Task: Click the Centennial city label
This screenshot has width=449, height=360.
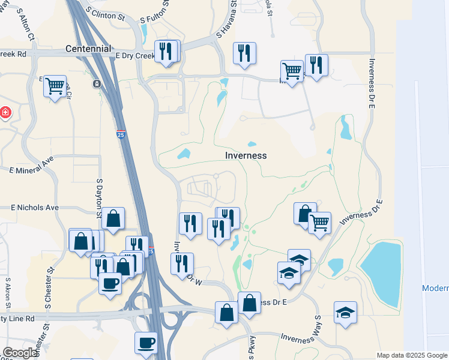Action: click(88, 48)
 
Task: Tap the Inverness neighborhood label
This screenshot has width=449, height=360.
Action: click(246, 155)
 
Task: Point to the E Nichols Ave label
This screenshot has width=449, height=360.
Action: click(35, 208)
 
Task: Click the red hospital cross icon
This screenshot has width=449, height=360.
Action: click(5, 112)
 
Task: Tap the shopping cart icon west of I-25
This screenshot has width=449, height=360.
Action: click(55, 86)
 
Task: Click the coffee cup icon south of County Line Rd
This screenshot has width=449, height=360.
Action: click(146, 343)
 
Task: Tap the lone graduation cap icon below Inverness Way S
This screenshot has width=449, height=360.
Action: click(345, 313)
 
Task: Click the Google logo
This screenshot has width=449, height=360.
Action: click(20, 353)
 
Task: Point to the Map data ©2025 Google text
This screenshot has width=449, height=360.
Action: click(411, 355)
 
